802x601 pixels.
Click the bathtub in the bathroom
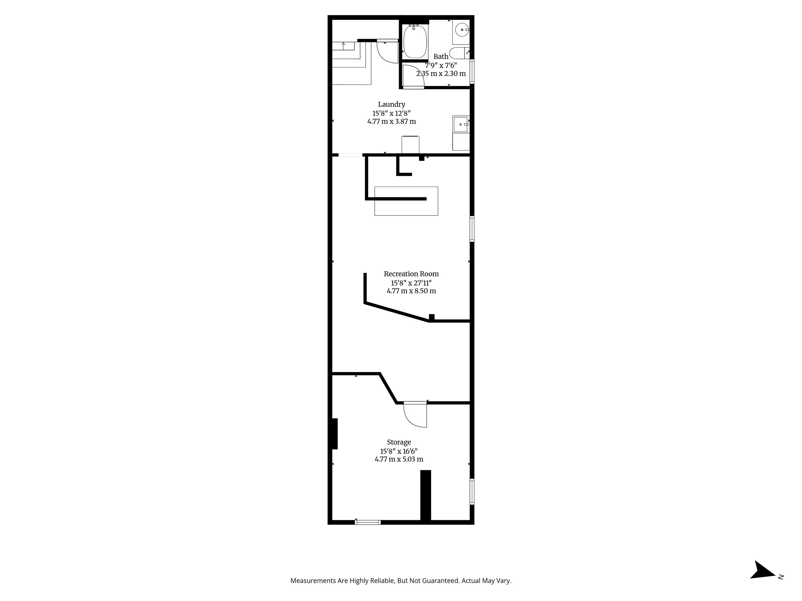pyautogui.click(x=415, y=42)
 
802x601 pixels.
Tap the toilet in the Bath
pyautogui.click(x=459, y=53)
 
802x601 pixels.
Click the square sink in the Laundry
pyautogui.click(x=461, y=124)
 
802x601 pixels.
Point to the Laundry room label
pyautogui.click(x=392, y=104)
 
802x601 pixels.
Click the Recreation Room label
pyautogui.click(x=411, y=274)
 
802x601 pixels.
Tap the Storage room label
pyautogui.click(x=399, y=442)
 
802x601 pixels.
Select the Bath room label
pyautogui.click(x=441, y=56)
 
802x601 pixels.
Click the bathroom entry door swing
pyautogui.click(x=413, y=76)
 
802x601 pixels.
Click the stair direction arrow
pyautogui.click(x=343, y=46)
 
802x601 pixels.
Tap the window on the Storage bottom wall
pyautogui.click(x=368, y=522)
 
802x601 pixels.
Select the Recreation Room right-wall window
pyautogui.click(x=472, y=229)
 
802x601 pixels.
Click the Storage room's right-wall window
pyautogui.click(x=472, y=492)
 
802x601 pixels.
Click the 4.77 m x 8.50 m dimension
pyautogui.click(x=411, y=291)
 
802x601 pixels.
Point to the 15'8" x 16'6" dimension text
pyautogui.click(x=399, y=451)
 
